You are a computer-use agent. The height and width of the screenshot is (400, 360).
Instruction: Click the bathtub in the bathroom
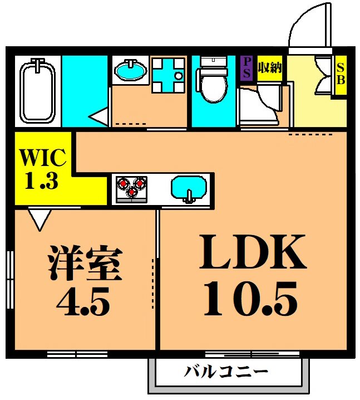pyautogui.click(x=37, y=92)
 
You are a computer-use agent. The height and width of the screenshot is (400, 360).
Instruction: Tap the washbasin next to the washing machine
pyautogui.click(x=130, y=71)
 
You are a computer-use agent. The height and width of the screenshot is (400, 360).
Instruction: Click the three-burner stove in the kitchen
pyautogui.click(x=132, y=187)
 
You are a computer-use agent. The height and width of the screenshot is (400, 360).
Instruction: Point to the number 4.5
pyautogui.click(x=84, y=304)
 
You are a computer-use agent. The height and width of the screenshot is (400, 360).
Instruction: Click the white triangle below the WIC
pyautogui.click(x=40, y=219)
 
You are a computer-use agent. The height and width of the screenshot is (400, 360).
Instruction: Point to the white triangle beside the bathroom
pyautogui.click(x=98, y=118)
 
